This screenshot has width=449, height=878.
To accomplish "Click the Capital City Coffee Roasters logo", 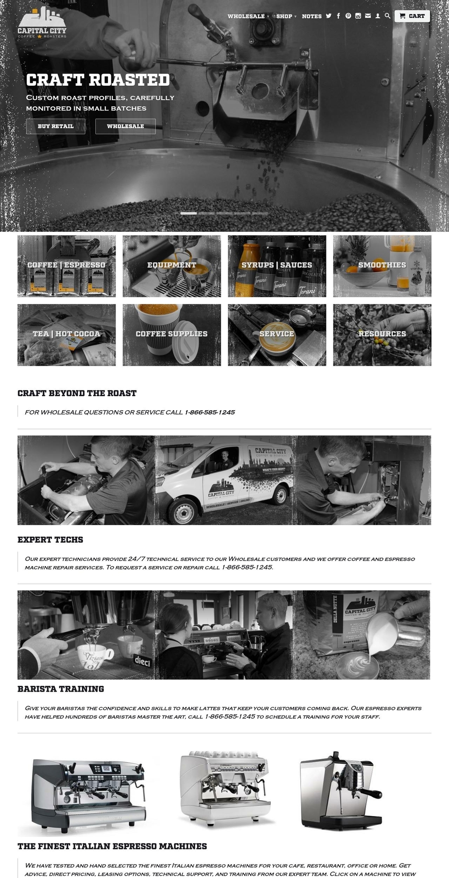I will pos(42,23).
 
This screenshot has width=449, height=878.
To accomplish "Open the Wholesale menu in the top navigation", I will pos(246,16).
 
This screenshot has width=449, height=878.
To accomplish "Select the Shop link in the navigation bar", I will pos(284,16).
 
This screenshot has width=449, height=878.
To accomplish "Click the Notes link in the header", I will pos(311,16).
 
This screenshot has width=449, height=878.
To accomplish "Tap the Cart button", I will pos(412,16).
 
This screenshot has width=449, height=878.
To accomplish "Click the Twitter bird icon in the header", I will pos(329,16).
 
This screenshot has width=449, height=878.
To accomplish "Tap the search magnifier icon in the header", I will pos(387,16).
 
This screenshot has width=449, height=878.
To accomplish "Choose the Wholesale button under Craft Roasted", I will pos(125,126).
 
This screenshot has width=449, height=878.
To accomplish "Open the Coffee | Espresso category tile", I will pos(66,266).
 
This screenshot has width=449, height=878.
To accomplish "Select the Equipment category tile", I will pos(172,266).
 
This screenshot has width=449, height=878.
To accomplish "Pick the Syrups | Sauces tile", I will pos(277,266).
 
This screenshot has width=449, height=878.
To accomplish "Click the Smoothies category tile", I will pos(382,266).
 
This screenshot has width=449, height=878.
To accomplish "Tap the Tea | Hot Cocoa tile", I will pos(66,335).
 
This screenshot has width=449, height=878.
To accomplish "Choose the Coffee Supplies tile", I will pos(172,335).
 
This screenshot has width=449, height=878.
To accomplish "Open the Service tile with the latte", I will pos(277,335).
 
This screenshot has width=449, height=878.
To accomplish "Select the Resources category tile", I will pos(382,335).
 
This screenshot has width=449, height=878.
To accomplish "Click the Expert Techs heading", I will pos(51,540).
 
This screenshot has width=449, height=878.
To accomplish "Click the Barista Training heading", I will pos(61,689).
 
